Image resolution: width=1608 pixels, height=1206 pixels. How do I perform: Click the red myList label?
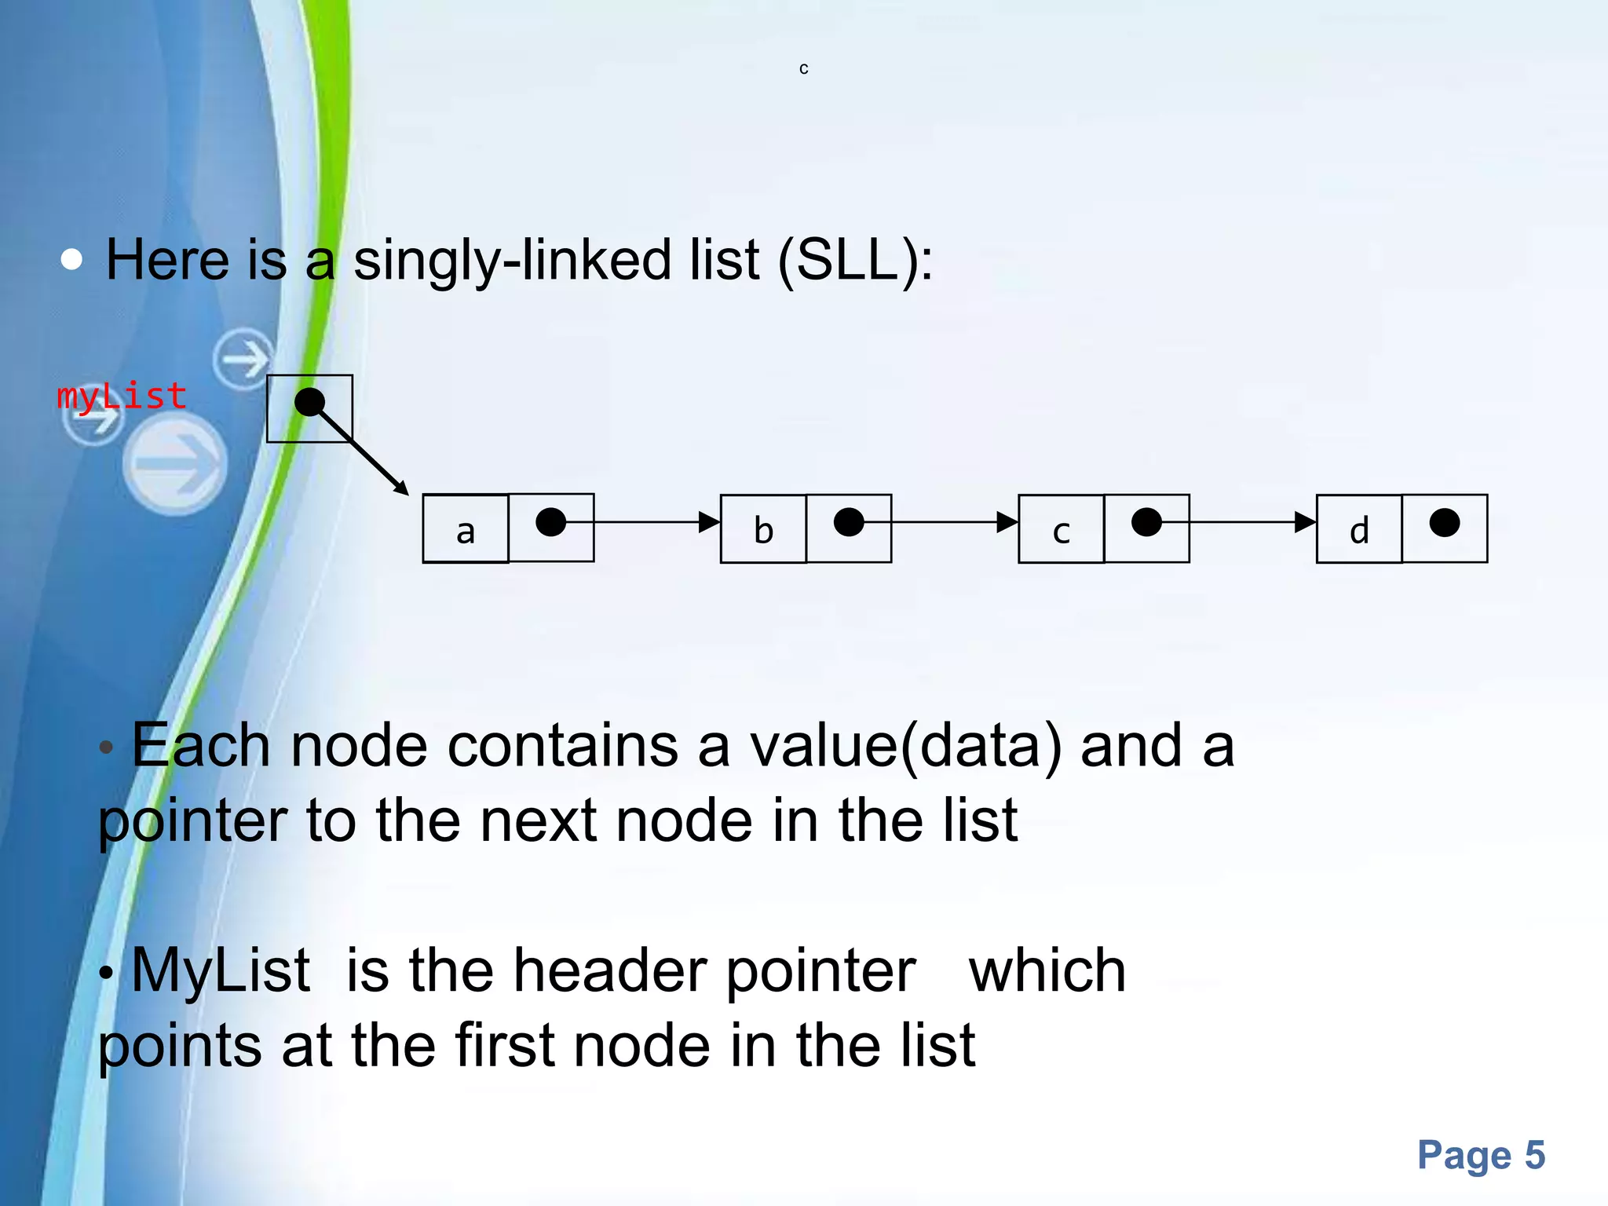(122, 396)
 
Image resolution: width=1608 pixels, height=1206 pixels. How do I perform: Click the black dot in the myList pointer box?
(309, 402)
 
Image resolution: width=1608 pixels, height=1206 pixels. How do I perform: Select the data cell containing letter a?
(466, 529)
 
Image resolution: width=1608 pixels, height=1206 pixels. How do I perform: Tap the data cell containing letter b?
(763, 529)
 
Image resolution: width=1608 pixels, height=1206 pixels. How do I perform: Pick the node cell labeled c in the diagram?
(1061, 530)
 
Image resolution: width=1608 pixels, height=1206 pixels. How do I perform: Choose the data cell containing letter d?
(1359, 530)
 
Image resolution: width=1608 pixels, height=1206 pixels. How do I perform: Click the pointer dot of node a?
(550, 522)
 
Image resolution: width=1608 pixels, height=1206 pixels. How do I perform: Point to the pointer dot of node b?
(849, 522)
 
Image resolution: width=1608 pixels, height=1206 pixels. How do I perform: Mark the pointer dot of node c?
(1146, 522)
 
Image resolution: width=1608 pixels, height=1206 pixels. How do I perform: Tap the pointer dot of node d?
(1445, 522)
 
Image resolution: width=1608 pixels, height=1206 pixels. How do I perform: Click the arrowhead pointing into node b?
(709, 522)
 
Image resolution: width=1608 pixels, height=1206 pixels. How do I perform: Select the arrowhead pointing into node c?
(1007, 522)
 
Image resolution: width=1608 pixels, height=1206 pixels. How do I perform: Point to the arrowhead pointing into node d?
(1305, 522)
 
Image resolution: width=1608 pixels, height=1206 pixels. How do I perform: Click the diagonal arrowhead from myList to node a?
(401, 488)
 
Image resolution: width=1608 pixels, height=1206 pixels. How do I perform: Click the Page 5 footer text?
(1481, 1155)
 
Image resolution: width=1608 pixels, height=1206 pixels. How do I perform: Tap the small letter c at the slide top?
(803, 69)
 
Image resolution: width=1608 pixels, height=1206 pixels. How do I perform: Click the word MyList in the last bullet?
(221, 970)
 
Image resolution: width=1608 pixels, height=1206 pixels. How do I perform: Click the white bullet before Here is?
(71, 260)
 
